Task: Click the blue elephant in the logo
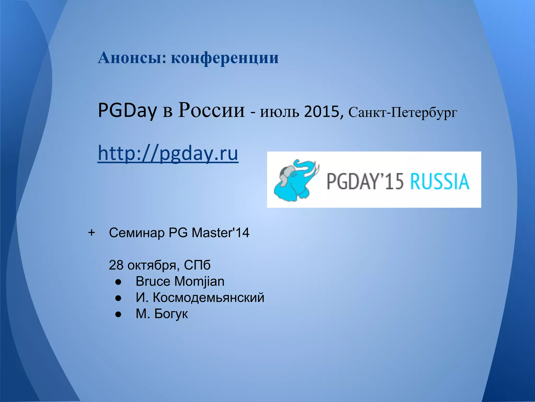295,181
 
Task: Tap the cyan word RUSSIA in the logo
440,181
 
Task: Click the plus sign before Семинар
91,232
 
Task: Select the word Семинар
137,233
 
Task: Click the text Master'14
220,233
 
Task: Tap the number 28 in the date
116,265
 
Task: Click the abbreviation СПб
197,265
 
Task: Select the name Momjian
199,282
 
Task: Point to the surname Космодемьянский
208,298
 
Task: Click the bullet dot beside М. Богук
118,314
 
